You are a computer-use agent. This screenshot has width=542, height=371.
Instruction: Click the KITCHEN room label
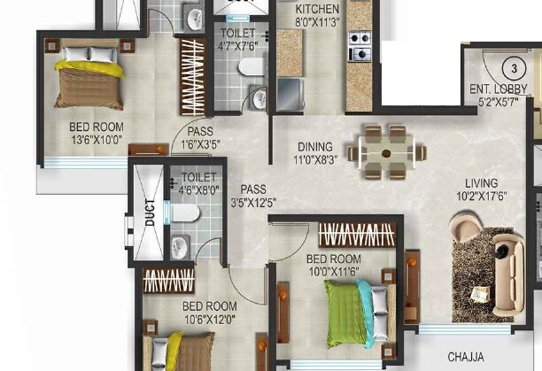[x=317, y=9]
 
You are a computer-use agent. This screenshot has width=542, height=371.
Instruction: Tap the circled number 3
[x=514, y=68]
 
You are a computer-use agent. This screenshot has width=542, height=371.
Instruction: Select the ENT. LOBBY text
[x=498, y=89]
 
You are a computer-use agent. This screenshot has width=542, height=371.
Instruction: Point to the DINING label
[x=315, y=147]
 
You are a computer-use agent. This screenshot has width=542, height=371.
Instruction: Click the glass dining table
[x=386, y=152]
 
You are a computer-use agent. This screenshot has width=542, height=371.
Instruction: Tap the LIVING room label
[x=481, y=183]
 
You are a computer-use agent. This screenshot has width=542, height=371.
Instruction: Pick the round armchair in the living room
[x=465, y=228]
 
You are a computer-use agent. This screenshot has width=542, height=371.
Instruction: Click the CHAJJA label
[x=466, y=357]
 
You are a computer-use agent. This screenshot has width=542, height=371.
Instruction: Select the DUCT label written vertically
[x=150, y=213]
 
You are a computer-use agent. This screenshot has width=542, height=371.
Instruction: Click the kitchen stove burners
[x=360, y=46]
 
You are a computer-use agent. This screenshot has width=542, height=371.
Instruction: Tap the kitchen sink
[x=290, y=95]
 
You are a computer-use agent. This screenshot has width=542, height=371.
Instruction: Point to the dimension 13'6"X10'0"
[x=97, y=140]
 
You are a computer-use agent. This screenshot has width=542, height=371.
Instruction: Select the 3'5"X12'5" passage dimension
[x=253, y=203]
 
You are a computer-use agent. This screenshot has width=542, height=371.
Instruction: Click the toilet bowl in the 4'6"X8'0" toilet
[x=185, y=213]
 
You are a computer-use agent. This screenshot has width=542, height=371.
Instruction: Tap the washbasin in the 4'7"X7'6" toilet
[x=259, y=97]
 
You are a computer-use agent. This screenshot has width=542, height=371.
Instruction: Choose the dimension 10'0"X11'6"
[x=334, y=272]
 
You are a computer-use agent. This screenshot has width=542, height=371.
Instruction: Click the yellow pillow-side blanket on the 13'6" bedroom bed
[x=89, y=68]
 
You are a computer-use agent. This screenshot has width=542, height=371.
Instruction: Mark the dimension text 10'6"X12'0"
[x=210, y=320]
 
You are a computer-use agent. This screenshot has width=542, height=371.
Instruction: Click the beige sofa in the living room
[x=508, y=274]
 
